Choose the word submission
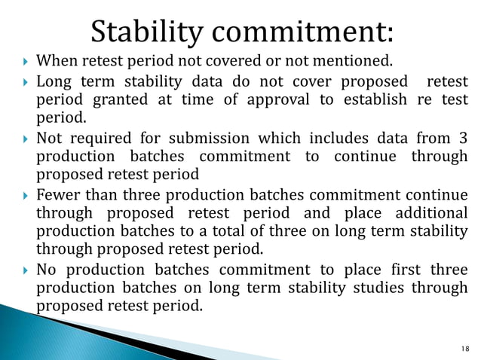tap(213, 139)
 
